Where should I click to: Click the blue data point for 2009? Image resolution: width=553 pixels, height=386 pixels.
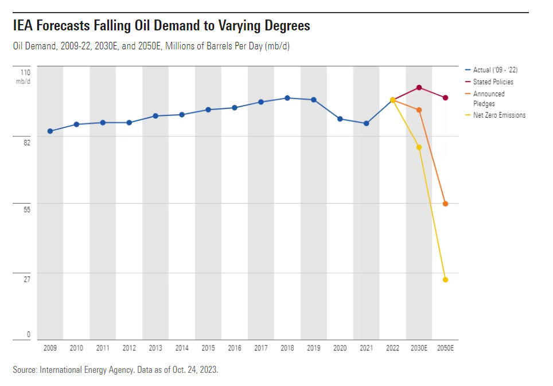tap(50, 131)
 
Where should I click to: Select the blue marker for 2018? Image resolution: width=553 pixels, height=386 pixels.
tap(287, 98)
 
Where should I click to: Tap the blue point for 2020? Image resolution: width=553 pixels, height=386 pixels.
tap(340, 119)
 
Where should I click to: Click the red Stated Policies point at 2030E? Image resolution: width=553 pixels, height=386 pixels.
tap(419, 88)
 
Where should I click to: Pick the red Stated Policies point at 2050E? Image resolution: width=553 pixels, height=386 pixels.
tap(446, 98)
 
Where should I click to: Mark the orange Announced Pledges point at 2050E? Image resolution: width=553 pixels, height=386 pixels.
tap(446, 204)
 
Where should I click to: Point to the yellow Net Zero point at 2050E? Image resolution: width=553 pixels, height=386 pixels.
tap(446, 280)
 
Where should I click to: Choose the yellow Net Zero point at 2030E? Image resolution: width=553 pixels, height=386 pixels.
tap(419, 147)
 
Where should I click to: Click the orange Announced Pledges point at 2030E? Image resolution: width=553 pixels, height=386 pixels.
tap(419, 110)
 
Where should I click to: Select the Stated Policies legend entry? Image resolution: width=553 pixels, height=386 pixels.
tap(493, 82)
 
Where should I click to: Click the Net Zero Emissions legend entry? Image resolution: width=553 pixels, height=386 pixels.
tap(499, 115)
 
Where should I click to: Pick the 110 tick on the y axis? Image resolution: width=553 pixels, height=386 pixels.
tap(26, 72)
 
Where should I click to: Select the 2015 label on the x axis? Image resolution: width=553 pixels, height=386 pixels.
tap(208, 348)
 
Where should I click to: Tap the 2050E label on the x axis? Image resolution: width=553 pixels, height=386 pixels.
tap(446, 348)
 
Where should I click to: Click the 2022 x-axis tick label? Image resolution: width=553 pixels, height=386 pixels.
tap(393, 348)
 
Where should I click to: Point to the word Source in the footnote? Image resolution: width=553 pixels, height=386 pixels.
tap(25, 370)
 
